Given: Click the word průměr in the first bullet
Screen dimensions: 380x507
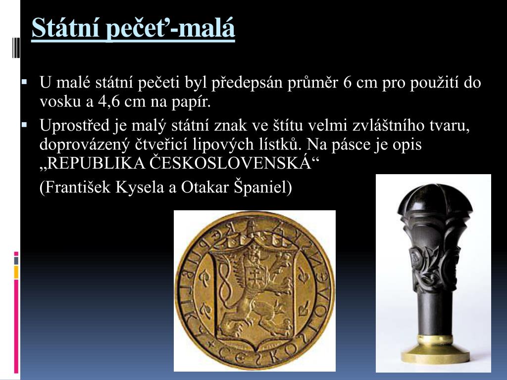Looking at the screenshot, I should (313, 83).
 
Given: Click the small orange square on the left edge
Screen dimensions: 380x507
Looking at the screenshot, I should (16, 272).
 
